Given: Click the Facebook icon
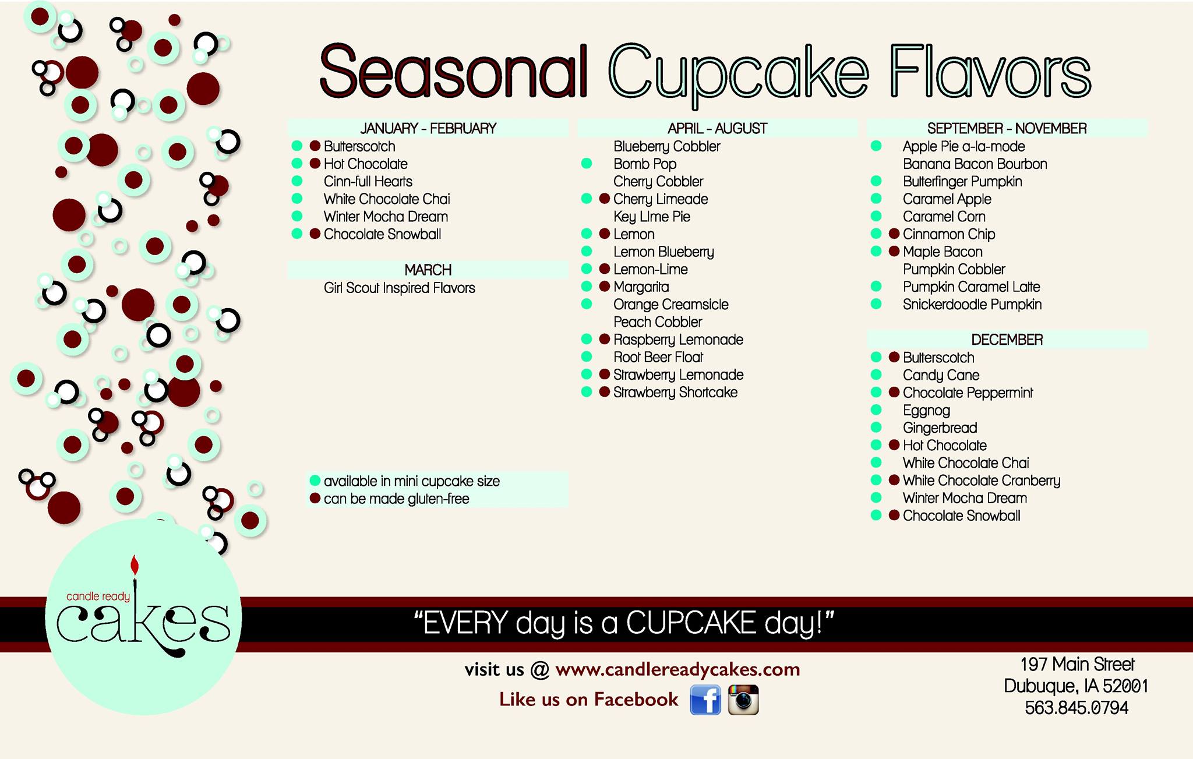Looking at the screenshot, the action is point(705,700).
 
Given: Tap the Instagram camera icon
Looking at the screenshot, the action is point(743,700).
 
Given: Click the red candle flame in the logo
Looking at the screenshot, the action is point(135,565).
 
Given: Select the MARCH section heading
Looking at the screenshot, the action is point(428,270).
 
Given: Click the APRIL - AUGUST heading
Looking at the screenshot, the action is point(718,128).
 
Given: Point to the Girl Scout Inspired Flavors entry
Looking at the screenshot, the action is point(400,288).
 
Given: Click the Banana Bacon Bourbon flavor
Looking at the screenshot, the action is point(975,164).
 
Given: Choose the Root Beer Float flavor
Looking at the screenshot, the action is point(658,357).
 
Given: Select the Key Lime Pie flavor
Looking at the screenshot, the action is point(652,217).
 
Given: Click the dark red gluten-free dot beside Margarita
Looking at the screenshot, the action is point(604,287).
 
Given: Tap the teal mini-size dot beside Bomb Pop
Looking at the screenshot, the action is point(587,164).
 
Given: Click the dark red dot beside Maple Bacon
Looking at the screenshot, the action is point(894,252).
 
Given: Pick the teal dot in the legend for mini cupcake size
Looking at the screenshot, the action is point(315,481).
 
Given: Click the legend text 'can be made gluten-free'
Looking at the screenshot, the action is point(397,499).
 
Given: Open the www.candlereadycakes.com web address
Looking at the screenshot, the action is point(678,670).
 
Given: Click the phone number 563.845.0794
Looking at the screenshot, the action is point(1076,708).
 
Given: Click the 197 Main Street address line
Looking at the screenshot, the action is point(1077,664).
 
